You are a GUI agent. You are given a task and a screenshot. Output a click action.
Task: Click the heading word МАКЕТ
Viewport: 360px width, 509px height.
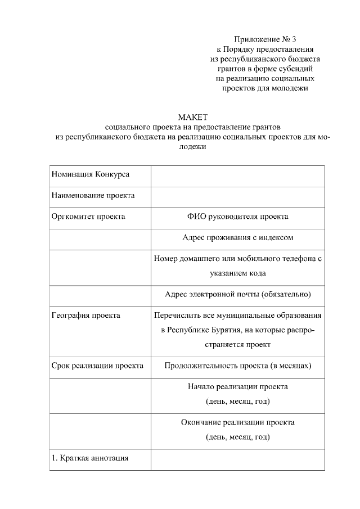point(193,117)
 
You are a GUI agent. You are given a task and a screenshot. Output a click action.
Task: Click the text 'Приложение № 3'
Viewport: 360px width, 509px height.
point(264,39)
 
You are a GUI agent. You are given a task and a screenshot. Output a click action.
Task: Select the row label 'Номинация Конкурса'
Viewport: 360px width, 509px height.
point(91,174)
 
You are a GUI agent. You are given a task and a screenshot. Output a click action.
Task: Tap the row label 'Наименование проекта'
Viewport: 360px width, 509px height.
point(93,196)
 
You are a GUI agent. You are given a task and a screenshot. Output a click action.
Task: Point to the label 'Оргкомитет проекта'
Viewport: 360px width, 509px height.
point(88,217)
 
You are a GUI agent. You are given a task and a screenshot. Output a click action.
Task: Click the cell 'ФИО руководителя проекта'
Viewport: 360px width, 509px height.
point(237,217)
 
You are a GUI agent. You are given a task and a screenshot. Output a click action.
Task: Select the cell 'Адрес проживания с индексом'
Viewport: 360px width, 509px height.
point(237,238)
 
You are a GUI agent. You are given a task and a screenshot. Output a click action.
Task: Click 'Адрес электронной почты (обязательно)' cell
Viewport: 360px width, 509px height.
point(237,294)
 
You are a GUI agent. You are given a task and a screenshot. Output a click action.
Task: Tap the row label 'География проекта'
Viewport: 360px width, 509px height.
point(85,316)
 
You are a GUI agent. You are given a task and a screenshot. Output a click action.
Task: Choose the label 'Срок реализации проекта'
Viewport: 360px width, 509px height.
point(97,366)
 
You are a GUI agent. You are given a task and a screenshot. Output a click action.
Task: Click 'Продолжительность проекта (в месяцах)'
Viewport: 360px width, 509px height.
point(237,366)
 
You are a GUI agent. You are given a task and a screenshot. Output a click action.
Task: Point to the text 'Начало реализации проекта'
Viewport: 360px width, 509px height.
point(237,387)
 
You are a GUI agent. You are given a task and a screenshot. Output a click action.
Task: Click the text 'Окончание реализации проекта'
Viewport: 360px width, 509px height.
point(237,422)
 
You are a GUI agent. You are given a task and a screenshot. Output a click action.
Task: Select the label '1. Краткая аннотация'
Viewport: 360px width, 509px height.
point(90,458)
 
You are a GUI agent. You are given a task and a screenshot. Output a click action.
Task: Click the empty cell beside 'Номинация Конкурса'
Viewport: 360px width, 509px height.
point(237,175)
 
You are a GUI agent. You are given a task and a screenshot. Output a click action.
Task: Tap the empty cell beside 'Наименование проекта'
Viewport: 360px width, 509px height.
point(237,197)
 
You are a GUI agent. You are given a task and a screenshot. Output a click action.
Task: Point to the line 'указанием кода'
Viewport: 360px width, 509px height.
point(237,273)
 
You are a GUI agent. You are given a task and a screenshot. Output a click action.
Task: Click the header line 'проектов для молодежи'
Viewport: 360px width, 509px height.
point(264,88)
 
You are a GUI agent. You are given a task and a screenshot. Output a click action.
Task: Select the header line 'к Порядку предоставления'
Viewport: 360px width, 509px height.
point(264,49)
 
